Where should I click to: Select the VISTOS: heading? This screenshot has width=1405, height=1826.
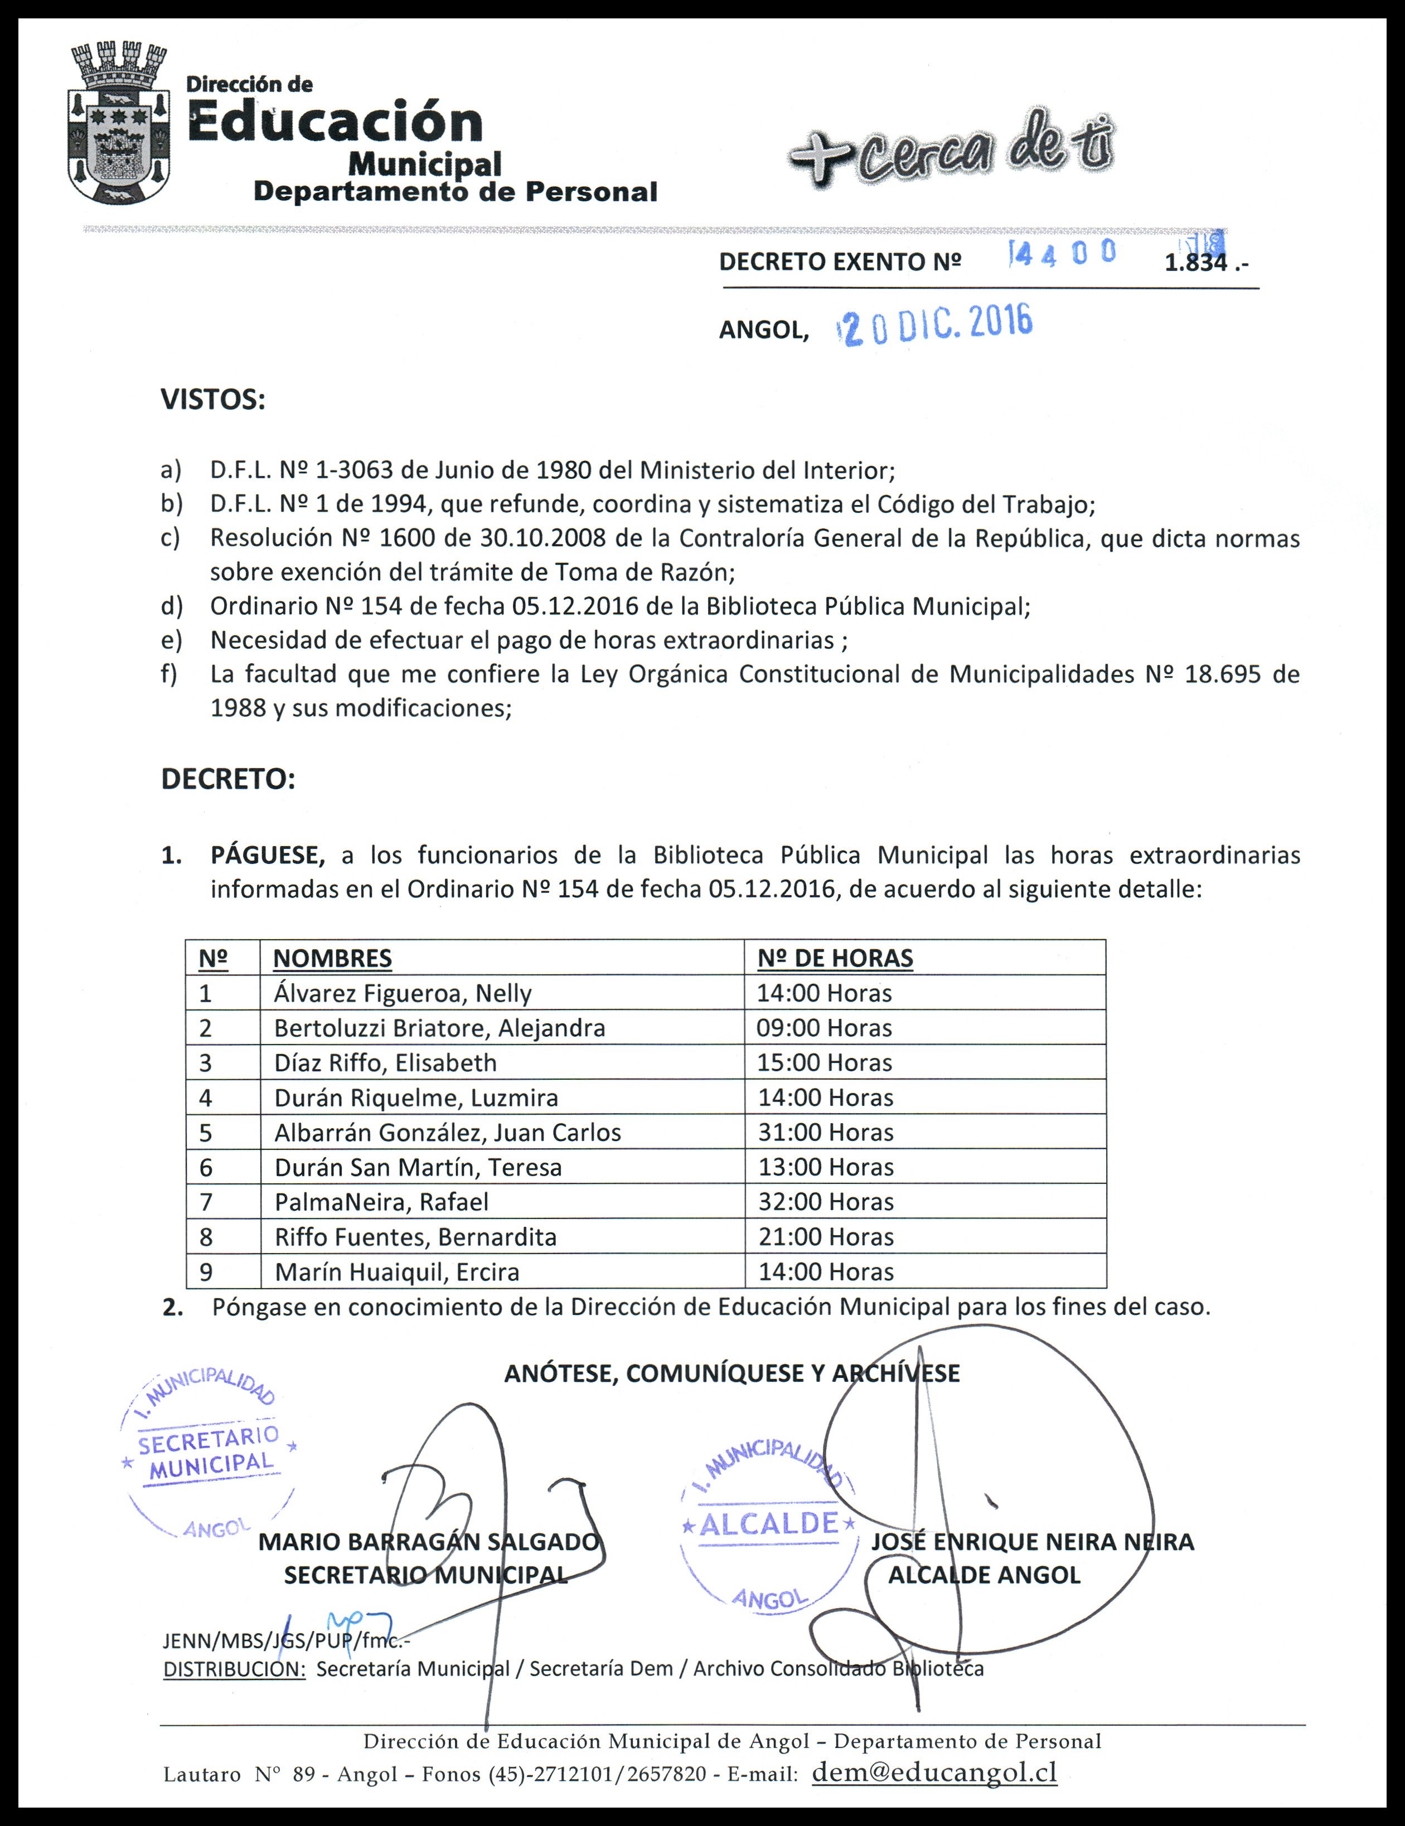point(212,400)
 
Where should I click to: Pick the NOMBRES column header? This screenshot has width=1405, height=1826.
point(332,958)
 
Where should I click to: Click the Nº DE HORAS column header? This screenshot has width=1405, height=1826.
point(835,958)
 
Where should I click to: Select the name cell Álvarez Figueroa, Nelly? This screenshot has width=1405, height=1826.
point(403,993)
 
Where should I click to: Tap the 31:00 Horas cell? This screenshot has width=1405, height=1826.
point(825,1132)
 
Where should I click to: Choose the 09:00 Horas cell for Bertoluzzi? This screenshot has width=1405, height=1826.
point(824,1028)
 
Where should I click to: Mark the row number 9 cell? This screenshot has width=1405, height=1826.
point(206,1272)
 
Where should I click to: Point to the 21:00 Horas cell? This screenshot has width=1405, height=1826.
point(825,1236)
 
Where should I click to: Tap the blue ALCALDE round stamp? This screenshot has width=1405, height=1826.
point(768,1524)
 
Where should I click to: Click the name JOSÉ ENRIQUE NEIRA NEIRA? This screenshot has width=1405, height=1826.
point(1032,1542)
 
